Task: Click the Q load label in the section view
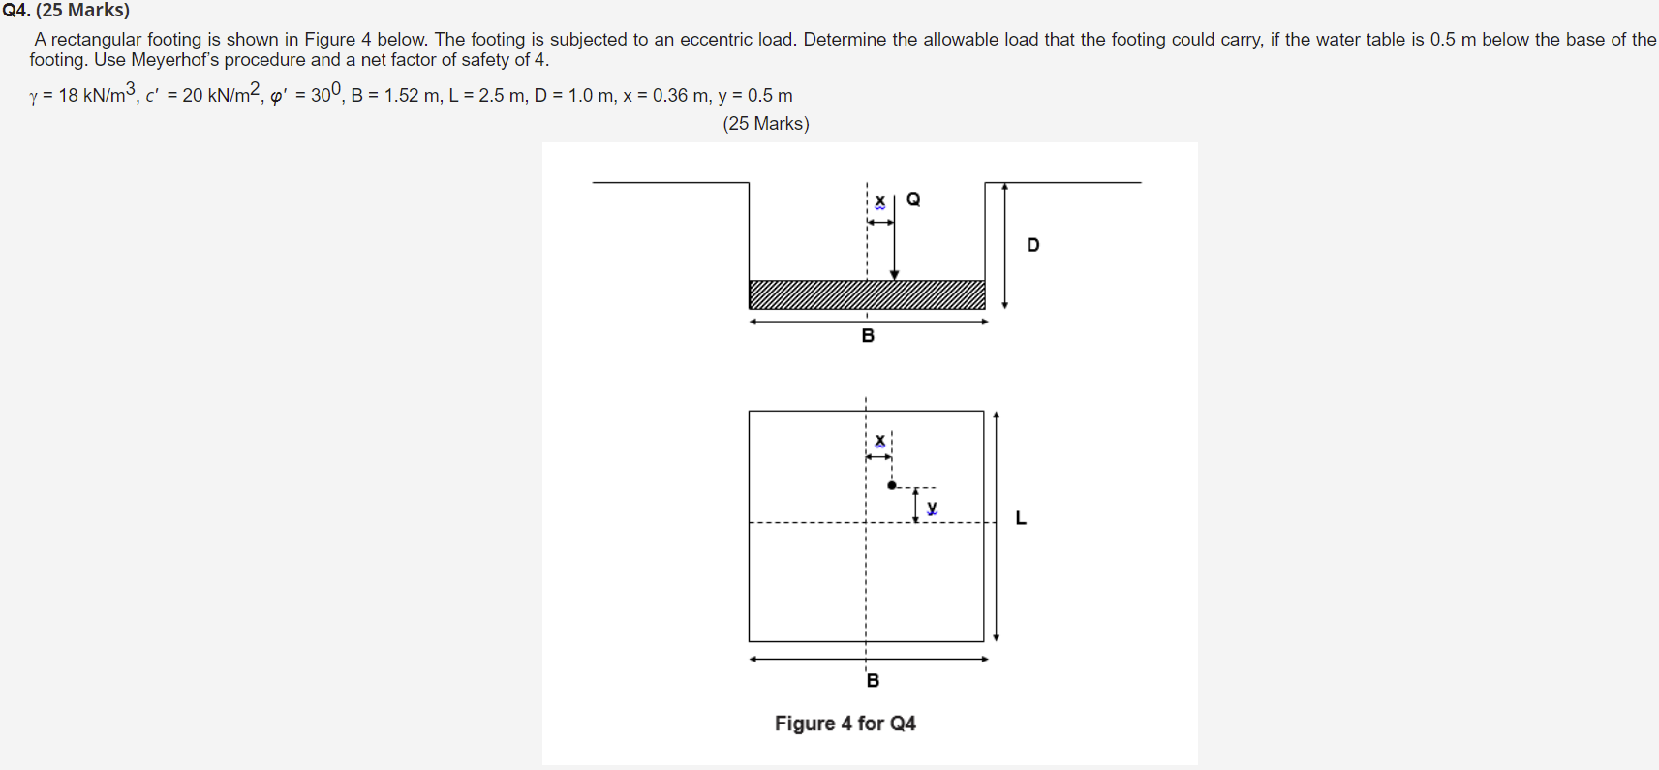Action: (x=913, y=200)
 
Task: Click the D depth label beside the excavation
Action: (x=1033, y=245)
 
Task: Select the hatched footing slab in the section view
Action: (x=867, y=294)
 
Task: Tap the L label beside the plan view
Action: (x=1021, y=518)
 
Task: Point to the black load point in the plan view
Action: (x=892, y=485)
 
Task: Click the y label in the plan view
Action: (x=932, y=507)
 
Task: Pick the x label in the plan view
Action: (x=879, y=441)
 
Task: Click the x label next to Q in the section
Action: (x=879, y=201)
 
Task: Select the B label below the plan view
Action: (x=873, y=680)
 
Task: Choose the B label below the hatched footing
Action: (x=868, y=336)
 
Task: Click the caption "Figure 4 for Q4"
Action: (x=845, y=724)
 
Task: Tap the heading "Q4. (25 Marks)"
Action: (x=66, y=11)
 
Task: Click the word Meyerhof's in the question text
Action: (x=176, y=60)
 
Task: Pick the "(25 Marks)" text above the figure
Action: (x=765, y=124)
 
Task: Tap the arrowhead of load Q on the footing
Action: (x=894, y=275)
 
